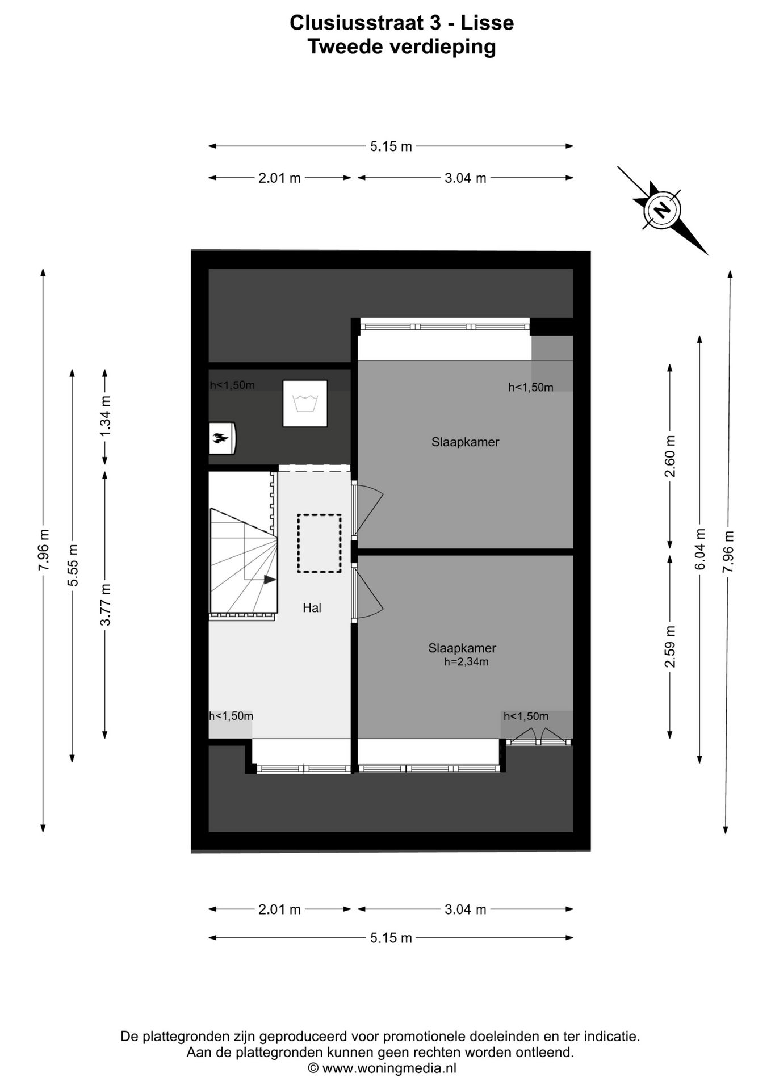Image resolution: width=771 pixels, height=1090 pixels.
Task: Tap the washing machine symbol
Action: tap(305, 404)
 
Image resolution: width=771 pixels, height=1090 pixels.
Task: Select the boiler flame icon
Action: tap(221, 438)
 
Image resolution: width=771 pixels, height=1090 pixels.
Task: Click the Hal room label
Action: tap(312, 608)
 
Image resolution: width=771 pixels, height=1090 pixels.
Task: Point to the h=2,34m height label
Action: tap(466, 661)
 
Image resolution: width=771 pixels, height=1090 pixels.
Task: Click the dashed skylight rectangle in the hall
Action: tap(319, 543)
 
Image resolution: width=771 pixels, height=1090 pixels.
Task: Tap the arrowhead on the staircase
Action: tap(270, 580)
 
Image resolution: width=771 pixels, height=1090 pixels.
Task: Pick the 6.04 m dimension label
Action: tap(700, 549)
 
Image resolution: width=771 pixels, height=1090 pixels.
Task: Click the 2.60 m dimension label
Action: tap(671, 456)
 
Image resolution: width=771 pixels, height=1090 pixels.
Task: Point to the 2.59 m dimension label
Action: tap(671, 647)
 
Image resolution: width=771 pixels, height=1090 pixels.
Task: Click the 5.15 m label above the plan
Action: tap(391, 146)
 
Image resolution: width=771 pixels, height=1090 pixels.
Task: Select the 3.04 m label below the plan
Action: tap(465, 909)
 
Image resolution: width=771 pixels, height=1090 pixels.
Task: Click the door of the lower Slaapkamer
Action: tap(368, 593)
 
